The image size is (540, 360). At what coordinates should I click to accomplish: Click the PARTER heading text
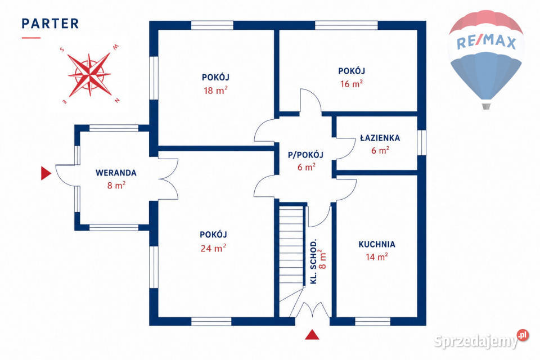tap(50, 24)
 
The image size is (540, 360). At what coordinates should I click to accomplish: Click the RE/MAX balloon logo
tap(486, 59)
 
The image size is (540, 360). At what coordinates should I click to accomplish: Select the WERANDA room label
tap(116, 173)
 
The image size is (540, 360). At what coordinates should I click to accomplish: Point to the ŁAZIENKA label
tap(380, 138)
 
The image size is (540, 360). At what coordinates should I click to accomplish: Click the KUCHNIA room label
tap(377, 244)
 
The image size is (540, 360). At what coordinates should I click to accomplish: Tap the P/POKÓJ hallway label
tap(305, 155)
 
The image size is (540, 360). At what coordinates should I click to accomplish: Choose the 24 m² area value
tap(213, 247)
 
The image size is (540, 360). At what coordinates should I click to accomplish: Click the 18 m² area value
tap(215, 90)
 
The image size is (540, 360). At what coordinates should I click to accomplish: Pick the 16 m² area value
tap(351, 83)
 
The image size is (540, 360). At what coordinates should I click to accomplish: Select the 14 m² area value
tap(377, 256)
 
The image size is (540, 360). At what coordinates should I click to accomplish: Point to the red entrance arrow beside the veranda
tap(46, 173)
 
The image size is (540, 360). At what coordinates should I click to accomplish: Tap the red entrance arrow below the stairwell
tap(312, 335)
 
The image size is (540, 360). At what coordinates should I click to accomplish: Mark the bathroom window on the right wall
tap(421, 143)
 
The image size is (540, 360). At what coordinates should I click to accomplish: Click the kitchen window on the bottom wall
tap(372, 321)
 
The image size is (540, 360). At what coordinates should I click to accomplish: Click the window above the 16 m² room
tap(346, 25)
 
